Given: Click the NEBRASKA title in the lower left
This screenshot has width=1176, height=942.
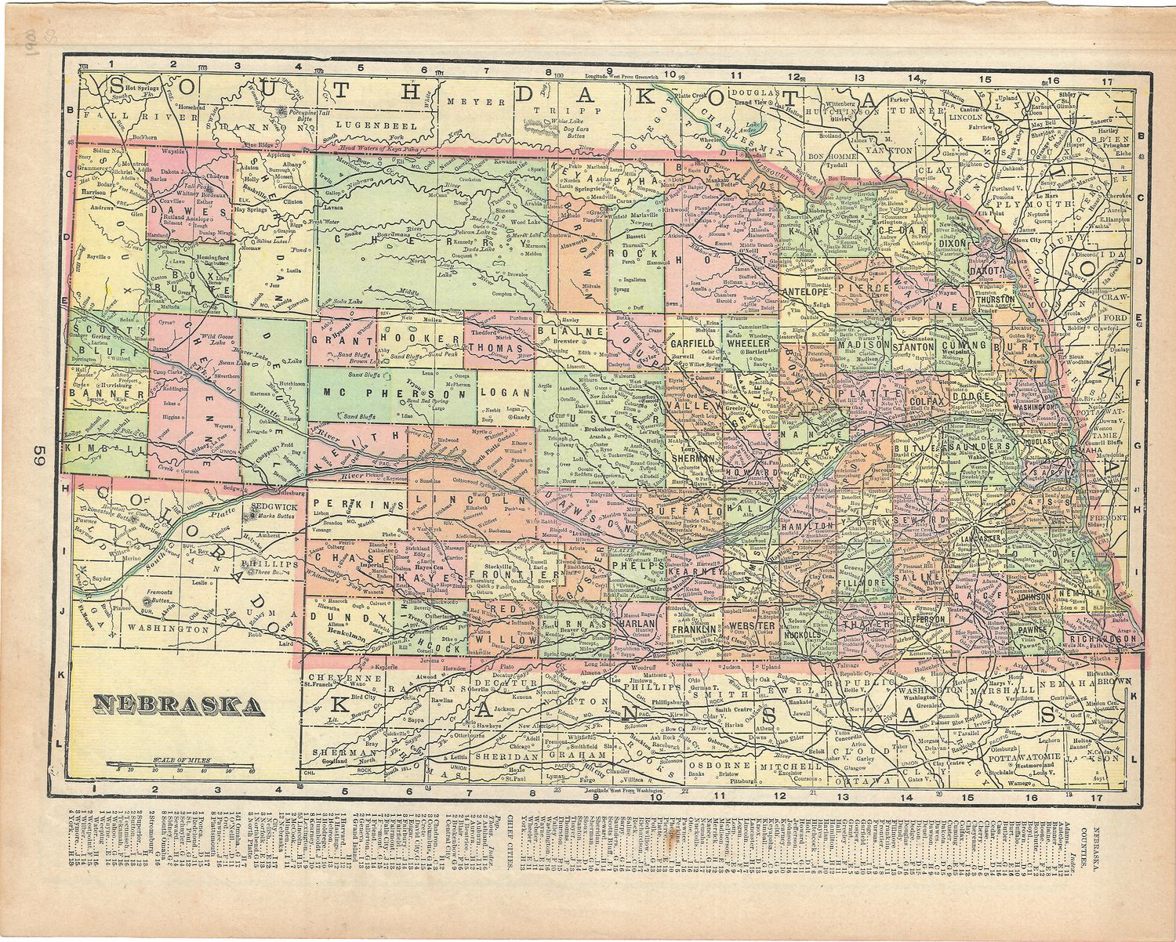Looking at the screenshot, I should tap(178, 705).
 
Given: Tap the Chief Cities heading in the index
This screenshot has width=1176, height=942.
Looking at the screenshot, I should tap(513, 843).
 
